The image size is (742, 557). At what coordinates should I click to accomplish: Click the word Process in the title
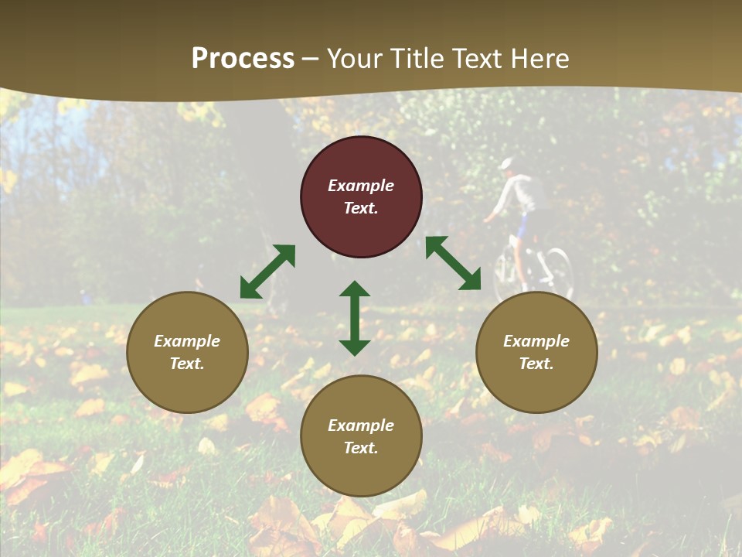pyautogui.click(x=243, y=59)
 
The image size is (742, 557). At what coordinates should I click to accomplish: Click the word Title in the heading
pyautogui.click(x=417, y=59)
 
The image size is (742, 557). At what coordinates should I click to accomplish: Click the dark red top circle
pyautogui.click(x=361, y=197)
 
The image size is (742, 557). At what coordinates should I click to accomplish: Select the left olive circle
pyautogui.click(x=187, y=352)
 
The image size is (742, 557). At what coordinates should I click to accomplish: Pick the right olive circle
pyautogui.click(x=536, y=352)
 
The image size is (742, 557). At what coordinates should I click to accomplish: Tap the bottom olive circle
pyautogui.click(x=361, y=436)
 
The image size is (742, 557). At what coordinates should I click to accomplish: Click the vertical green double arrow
pyautogui.click(x=355, y=318)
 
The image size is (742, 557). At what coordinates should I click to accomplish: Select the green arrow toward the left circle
pyautogui.click(x=267, y=272)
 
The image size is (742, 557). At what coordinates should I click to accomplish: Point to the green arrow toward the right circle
pyautogui.click(x=453, y=263)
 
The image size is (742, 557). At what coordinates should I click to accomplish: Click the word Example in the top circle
pyautogui.click(x=361, y=186)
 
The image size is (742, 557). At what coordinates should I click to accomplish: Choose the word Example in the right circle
pyautogui.click(x=536, y=341)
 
